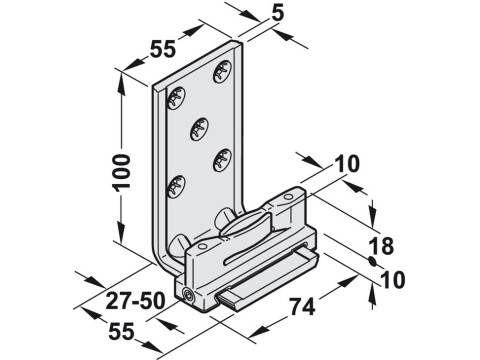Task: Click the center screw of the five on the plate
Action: [198, 127]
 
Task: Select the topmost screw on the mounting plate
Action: [222, 72]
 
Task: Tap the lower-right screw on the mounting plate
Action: [220, 157]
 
